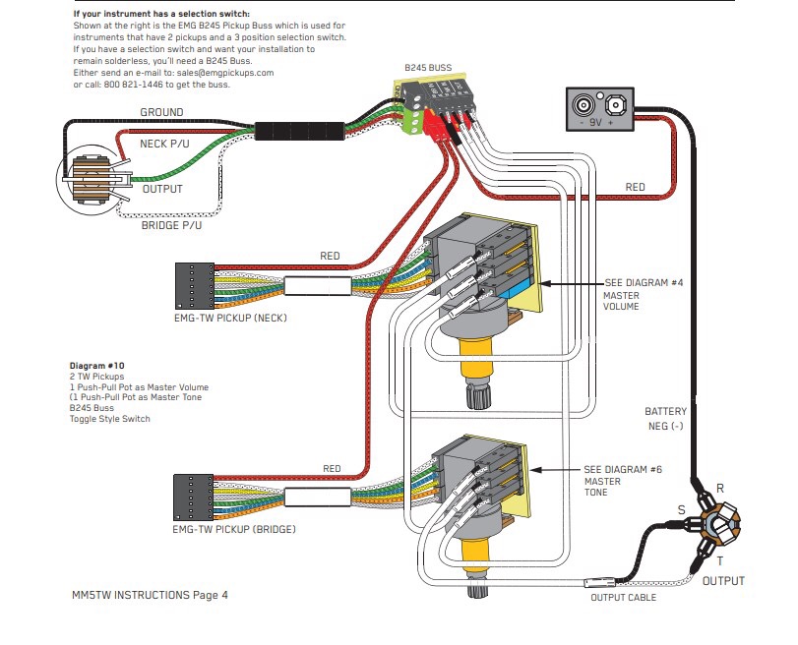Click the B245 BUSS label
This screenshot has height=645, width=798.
tap(428, 68)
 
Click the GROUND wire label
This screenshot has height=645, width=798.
tap(161, 113)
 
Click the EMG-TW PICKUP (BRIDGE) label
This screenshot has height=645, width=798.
tap(233, 529)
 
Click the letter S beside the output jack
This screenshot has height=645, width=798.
tap(680, 509)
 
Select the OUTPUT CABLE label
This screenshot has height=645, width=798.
tap(623, 597)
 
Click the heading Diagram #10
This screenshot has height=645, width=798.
tap(96, 366)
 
